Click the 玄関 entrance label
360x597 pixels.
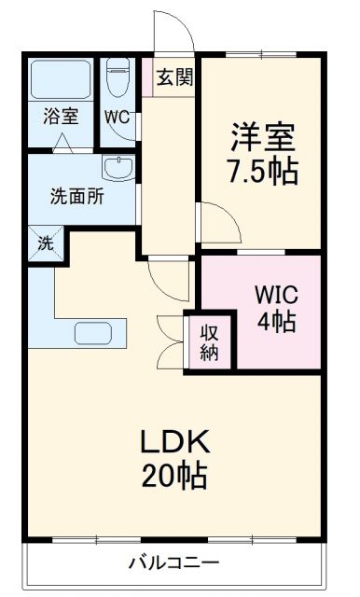click(174, 77)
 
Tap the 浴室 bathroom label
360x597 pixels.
click(59, 118)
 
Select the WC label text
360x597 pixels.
click(117, 118)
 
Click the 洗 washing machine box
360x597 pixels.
click(45, 244)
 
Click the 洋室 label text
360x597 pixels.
click(264, 138)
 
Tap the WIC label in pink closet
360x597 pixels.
click(276, 295)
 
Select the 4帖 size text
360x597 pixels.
click(277, 323)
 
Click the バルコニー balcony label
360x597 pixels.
click(173, 563)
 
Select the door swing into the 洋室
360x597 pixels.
click(215, 222)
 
